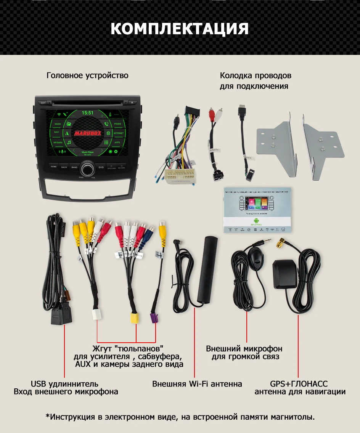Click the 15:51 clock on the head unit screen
88,113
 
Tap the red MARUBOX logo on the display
88,133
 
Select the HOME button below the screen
54,167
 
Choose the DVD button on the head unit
101,167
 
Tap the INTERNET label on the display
118,133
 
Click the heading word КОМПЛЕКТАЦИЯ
180,29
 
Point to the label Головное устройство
87,75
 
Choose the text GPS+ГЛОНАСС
299,384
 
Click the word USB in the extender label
38,384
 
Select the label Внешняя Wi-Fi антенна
197,384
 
